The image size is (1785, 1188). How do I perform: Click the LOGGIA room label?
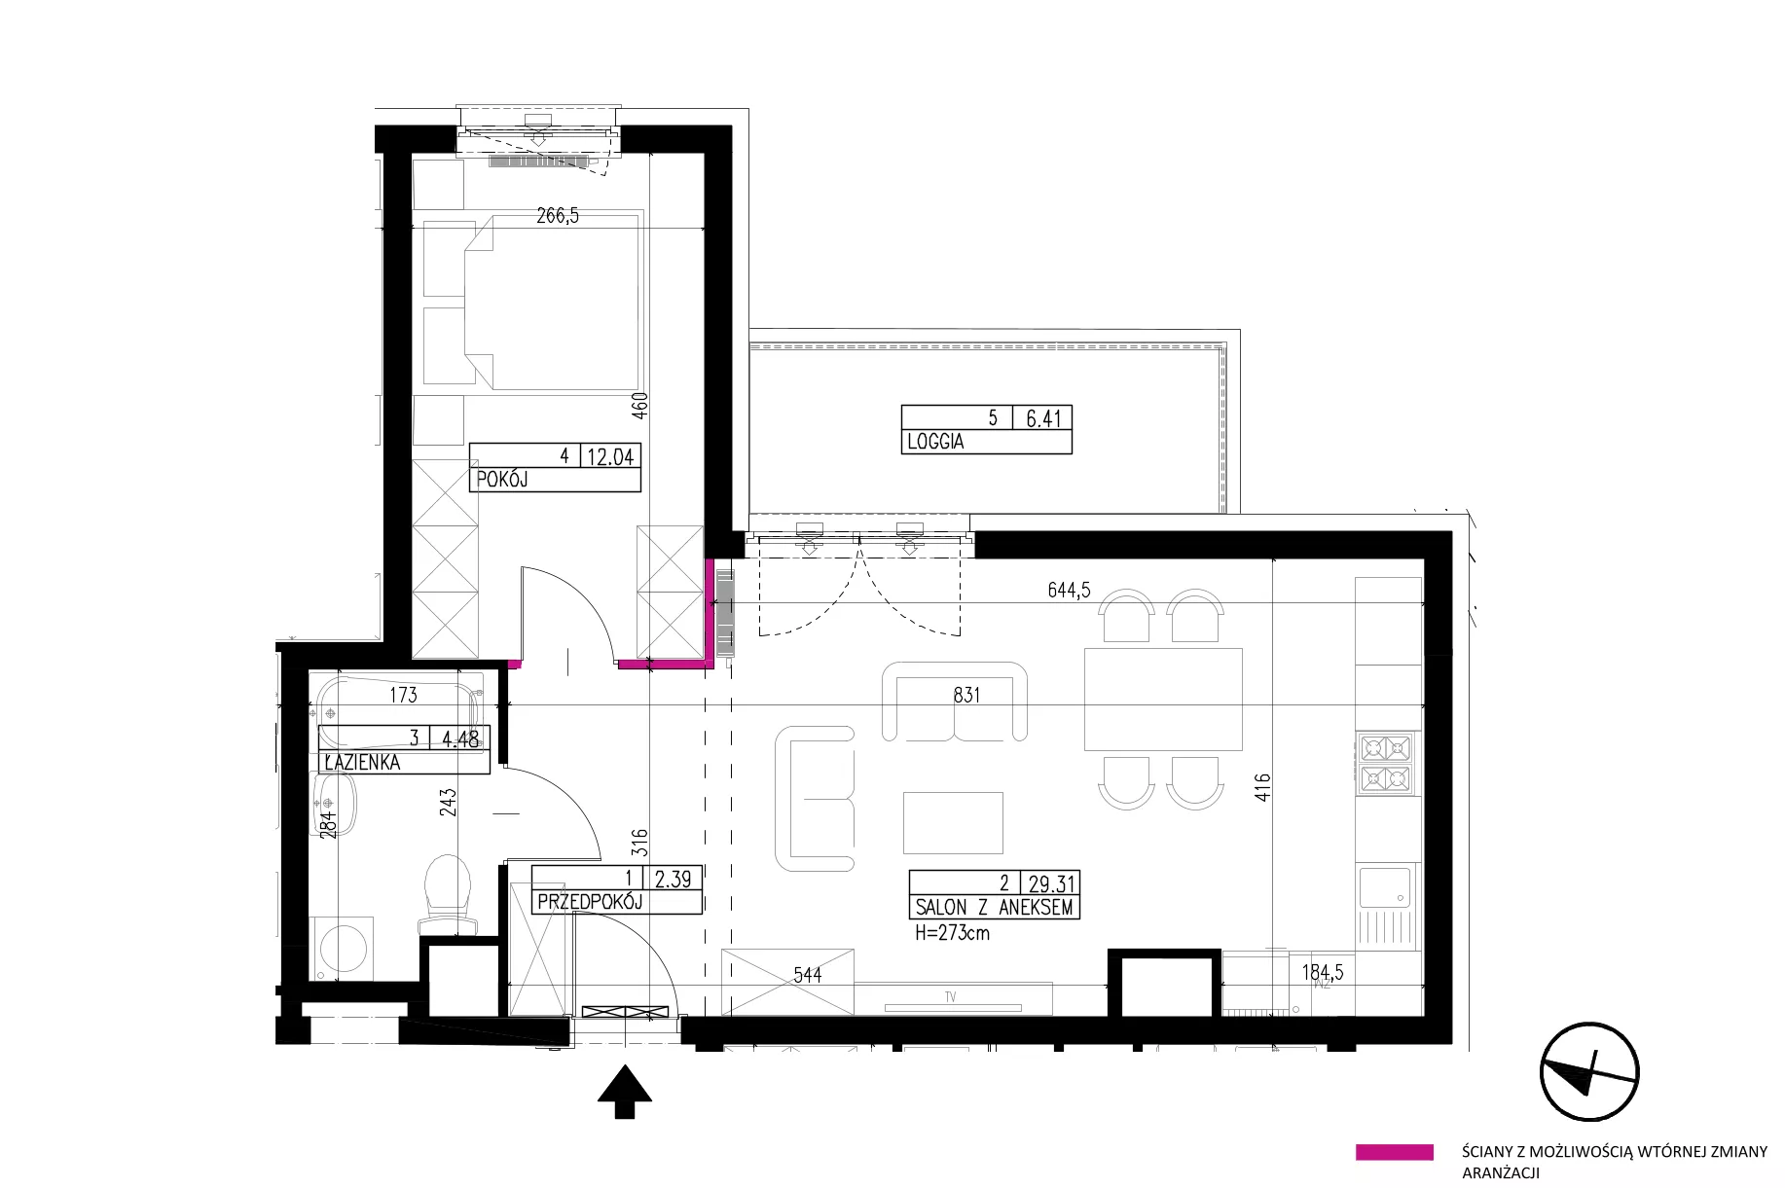click(935, 442)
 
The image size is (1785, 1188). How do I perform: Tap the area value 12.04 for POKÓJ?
click(610, 456)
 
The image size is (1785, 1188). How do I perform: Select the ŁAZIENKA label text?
click(362, 762)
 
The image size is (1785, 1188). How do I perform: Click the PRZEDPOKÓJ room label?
click(590, 902)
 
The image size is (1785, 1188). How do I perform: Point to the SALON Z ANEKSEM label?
click(994, 907)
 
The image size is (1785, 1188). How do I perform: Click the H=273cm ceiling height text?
click(953, 933)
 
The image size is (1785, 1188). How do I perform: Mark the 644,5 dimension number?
click(1069, 590)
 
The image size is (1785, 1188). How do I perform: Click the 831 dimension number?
click(966, 695)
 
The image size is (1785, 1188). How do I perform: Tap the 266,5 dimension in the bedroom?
click(558, 216)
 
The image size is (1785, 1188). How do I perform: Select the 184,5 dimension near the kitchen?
click(1324, 972)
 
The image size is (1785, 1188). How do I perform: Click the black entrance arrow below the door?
click(624, 1093)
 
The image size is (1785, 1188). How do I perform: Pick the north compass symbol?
click(1589, 1072)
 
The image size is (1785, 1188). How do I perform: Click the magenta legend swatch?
click(1394, 1152)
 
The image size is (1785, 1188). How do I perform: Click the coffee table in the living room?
click(953, 822)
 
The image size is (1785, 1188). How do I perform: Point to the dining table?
click(1164, 699)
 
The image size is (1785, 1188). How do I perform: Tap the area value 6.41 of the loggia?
click(1043, 418)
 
